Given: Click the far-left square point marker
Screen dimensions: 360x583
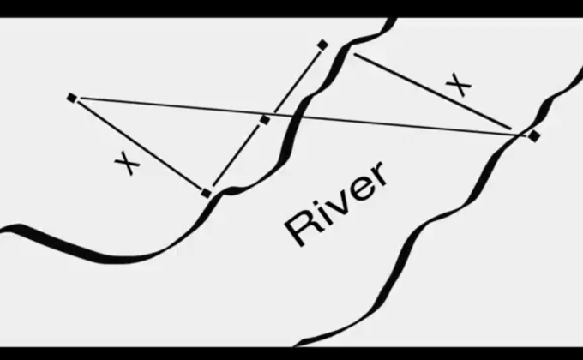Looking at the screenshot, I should tap(71, 98).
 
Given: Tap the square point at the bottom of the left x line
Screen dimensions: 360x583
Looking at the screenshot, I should tap(206, 194).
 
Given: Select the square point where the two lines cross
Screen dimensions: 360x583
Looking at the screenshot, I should tap(265, 120).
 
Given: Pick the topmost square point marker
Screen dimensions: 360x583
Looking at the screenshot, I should tap(322, 45).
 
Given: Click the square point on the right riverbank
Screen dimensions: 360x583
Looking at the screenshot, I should tap(534, 135).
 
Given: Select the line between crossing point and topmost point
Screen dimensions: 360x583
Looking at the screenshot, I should tap(294, 82).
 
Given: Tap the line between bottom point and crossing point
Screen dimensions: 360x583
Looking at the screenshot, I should tap(236, 157).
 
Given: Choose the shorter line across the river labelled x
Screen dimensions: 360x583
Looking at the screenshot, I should tap(429, 90).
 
